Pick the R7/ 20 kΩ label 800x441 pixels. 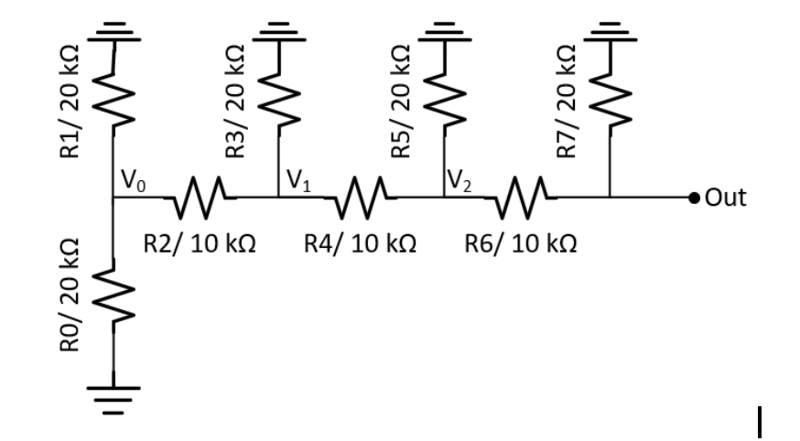click(x=567, y=98)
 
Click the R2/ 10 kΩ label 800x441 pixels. click(x=199, y=245)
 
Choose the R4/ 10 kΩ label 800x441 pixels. click(x=362, y=245)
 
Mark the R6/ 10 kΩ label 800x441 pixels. click(x=520, y=245)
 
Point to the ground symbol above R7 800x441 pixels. click(x=609, y=35)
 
